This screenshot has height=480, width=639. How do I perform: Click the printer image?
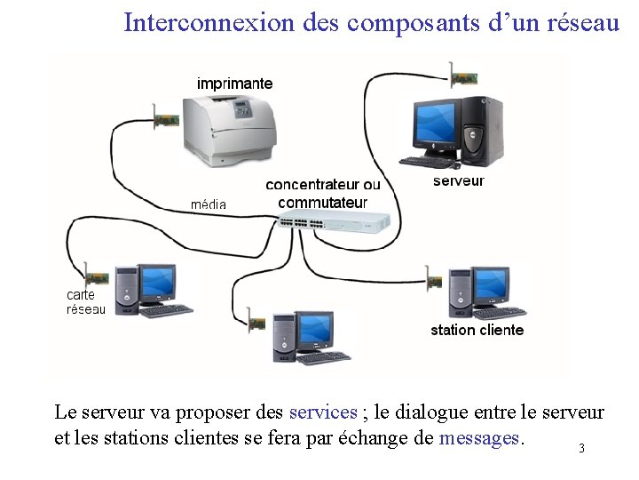pos(229,129)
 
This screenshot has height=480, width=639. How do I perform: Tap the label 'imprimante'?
pos(235,84)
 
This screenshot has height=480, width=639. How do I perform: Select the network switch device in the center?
pos(334,221)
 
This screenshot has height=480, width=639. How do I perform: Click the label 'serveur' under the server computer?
pos(458,181)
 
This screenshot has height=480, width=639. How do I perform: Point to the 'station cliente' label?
pos(477,330)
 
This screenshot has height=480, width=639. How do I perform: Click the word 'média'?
pos(209,204)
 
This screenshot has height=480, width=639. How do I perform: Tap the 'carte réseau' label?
pos(86,302)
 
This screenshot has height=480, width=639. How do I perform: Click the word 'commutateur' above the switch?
pos(322,203)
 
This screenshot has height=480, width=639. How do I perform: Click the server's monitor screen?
pos(436,124)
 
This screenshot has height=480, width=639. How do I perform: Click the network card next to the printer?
pos(166,120)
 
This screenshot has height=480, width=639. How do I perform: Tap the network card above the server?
pos(462,76)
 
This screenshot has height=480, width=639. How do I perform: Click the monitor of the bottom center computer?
pos(314,330)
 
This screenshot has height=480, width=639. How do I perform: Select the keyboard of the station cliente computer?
pos(500,313)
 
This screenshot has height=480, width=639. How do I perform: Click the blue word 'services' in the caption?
pos(323,412)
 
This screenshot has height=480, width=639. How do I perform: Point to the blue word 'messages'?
pos(481,438)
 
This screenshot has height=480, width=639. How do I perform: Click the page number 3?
pos(581,448)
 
